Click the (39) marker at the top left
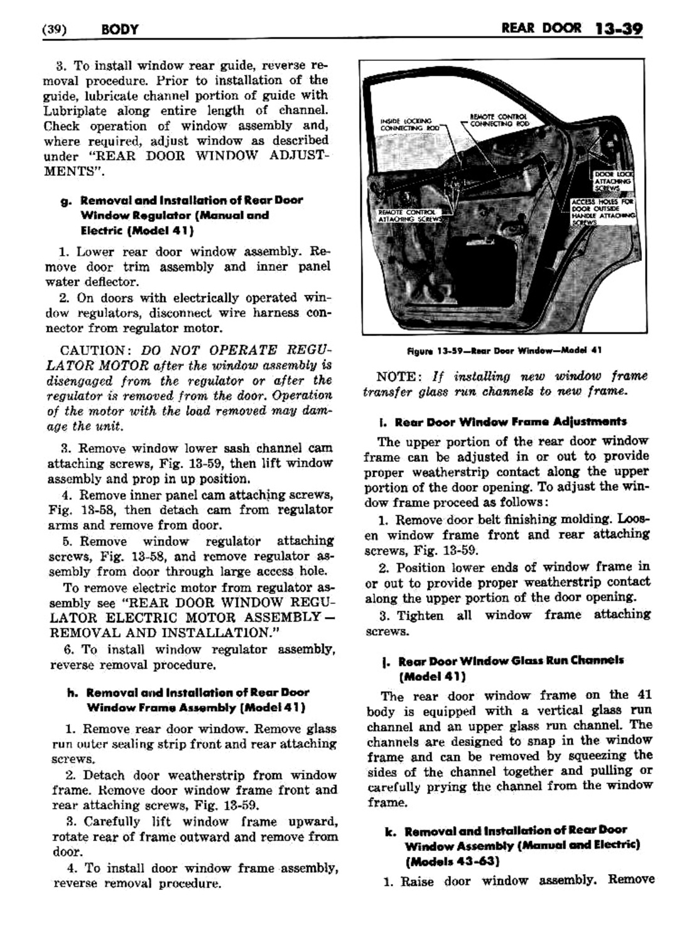pos(57,30)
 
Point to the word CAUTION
pos(92,350)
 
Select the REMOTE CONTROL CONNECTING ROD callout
pos(499,119)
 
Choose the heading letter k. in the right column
pos(389,831)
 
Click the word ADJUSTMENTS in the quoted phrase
pos(296,156)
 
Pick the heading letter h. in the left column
pos(71,692)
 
